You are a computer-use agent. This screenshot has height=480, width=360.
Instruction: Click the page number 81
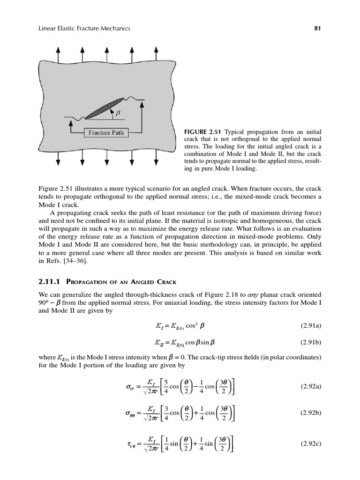(x=317, y=29)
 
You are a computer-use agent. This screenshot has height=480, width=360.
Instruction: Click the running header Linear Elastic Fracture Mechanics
(x=84, y=29)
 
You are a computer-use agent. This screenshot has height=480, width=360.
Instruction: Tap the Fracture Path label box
(x=106, y=133)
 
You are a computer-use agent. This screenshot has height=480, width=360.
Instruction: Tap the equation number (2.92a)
(x=310, y=387)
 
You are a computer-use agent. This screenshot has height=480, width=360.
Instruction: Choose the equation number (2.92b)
(x=310, y=413)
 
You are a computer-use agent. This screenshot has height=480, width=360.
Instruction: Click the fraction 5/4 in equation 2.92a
(x=165, y=387)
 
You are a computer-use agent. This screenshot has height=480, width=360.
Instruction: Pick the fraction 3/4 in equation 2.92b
(x=165, y=413)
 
